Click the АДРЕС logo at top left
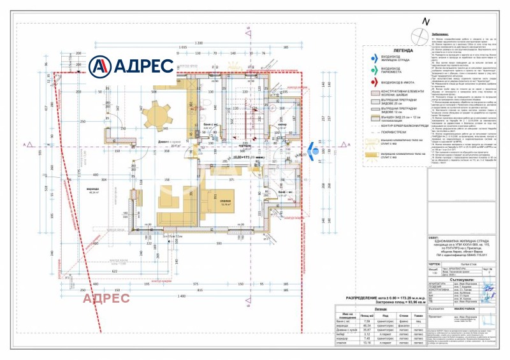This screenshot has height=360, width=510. (x=130, y=66)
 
